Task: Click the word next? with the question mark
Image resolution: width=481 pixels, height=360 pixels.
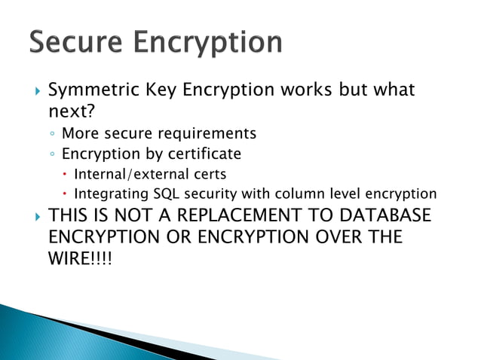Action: [x=70, y=112]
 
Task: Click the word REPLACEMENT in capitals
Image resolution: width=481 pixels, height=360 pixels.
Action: [x=244, y=217]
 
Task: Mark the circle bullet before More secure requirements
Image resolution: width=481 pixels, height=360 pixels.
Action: [x=51, y=135]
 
